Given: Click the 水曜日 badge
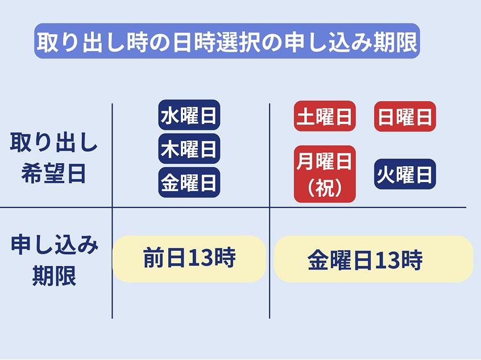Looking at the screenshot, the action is coord(189,115).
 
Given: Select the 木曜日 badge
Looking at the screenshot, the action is coord(189,148).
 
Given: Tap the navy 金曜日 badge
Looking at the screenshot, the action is coord(189,183).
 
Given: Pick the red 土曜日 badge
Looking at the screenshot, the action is coord(325,116).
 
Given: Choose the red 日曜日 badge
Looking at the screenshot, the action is coord(405,117).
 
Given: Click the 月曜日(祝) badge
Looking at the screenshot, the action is coord(325,174).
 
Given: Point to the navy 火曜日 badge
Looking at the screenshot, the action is coord(405,174).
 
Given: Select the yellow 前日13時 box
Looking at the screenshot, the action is coord(189,259).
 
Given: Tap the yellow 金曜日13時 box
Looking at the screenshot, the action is coord(374,259).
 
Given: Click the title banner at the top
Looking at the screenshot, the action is coord(227,41).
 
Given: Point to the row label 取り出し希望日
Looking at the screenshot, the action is coord(53,158).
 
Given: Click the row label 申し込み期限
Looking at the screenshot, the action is coord(54,260).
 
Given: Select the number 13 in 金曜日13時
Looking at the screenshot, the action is coord(388,260).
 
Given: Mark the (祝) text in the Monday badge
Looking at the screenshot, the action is coord(325,188).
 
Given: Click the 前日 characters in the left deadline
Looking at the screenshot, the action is coord(165,258).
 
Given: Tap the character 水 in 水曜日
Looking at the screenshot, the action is coord(169,115).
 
